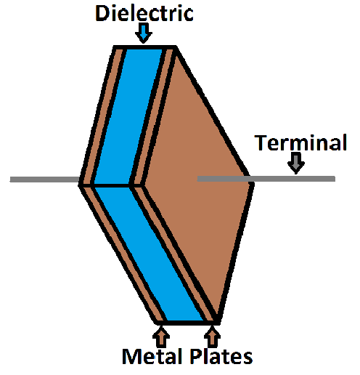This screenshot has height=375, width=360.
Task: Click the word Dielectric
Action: pyautogui.click(x=144, y=13)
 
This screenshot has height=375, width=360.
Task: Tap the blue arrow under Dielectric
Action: pyautogui.click(x=144, y=33)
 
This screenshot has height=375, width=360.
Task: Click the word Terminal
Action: pyautogui.click(x=300, y=142)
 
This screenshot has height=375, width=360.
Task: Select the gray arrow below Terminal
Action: pyautogui.click(x=296, y=163)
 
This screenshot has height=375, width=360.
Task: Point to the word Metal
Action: pyautogui.click(x=152, y=357)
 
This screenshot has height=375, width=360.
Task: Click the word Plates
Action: pyautogui.click(x=221, y=357)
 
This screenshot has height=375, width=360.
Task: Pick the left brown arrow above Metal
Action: pyautogui.click(x=161, y=336)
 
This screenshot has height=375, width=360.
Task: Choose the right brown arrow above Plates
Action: pyautogui.click(x=212, y=336)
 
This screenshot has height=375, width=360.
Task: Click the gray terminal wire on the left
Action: pyautogui.click(x=45, y=180)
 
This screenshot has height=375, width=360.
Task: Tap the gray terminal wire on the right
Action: pyautogui.click(x=266, y=179)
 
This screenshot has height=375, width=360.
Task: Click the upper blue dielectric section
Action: pyautogui.click(x=128, y=116)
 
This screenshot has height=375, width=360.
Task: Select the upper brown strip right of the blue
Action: pyautogui.click(x=152, y=116)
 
